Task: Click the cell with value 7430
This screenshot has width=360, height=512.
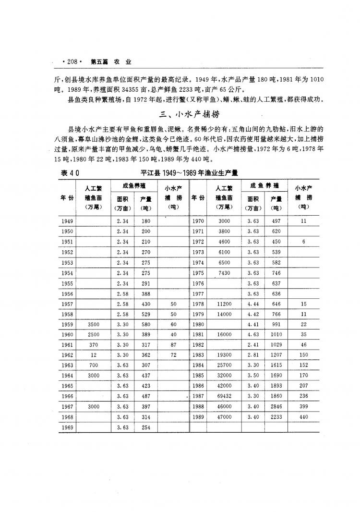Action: point(224,272)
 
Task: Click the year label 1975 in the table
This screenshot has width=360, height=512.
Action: point(198,272)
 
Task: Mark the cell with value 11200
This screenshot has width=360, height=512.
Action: point(224,304)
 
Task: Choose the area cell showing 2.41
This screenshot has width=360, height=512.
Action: point(253,345)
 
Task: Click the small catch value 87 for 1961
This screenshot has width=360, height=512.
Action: point(173,345)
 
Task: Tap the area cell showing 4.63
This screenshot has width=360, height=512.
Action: point(253,335)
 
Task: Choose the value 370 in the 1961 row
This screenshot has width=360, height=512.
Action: point(93,345)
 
